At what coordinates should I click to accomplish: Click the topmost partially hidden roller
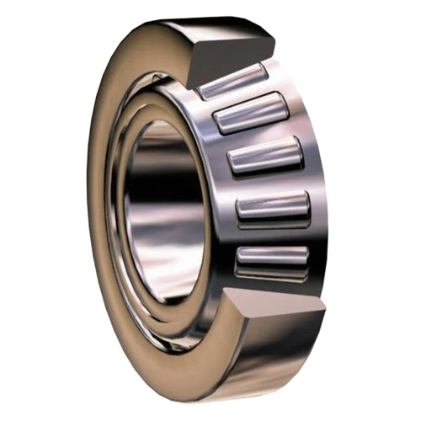(231, 78)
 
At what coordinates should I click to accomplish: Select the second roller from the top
(252, 114)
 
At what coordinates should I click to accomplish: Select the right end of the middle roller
(297, 152)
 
